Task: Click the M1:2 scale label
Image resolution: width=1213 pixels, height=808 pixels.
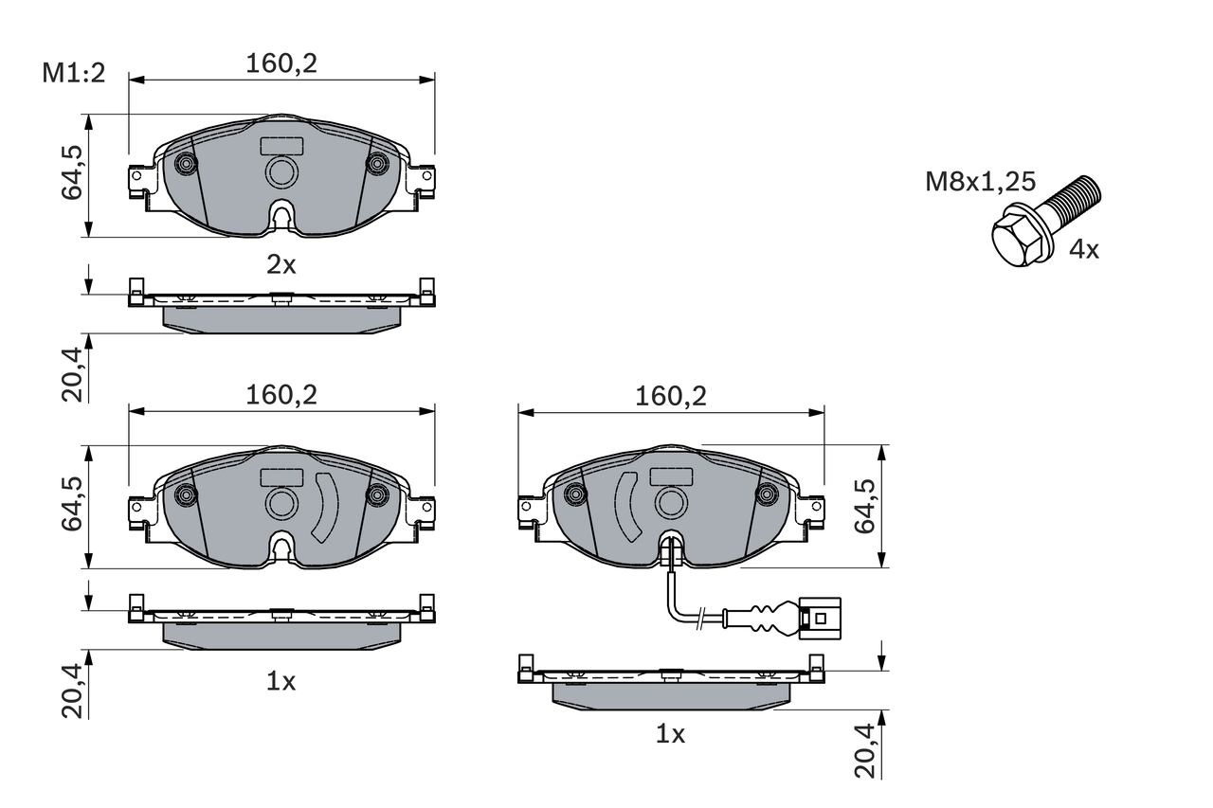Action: point(73,74)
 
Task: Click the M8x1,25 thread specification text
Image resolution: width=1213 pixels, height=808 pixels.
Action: point(980,182)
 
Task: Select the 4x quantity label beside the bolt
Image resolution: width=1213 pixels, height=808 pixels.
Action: point(1083,250)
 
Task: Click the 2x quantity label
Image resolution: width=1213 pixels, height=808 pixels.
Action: point(281,265)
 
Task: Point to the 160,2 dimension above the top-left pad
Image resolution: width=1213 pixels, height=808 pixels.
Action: point(281,63)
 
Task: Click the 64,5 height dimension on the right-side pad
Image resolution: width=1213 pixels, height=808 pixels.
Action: point(865,507)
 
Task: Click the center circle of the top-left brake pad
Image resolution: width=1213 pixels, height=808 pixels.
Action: point(281,172)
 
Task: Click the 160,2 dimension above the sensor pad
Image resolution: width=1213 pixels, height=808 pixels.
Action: point(672,396)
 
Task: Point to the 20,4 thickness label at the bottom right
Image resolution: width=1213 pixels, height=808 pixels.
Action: point(865,750)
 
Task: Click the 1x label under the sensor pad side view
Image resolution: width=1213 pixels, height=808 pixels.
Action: point(670,733)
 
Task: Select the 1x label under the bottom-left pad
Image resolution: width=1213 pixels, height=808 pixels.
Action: point(281,681)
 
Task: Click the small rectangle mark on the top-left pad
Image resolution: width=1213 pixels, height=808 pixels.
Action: point(281,146)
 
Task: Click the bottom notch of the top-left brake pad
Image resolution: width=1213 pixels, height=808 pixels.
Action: point(281,217)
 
